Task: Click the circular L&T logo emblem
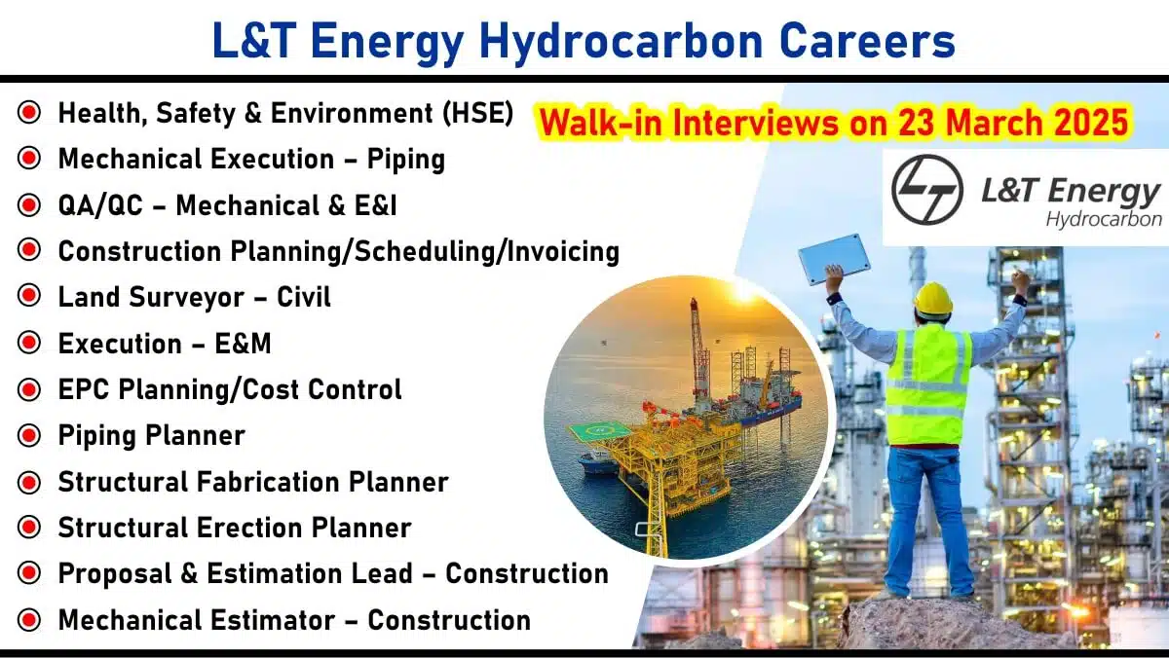[x=926, y=190]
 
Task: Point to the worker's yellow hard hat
[x=933, y=299]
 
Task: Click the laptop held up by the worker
[x=834, y=259]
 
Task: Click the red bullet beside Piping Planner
[x=28, y=435]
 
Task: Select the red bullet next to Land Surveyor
[x=28, y=296]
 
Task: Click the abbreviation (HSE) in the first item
[x=477, y=113]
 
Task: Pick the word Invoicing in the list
[x=563, y=252]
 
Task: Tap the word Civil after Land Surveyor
[x=304, y=297]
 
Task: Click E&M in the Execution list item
[x=243, y=344]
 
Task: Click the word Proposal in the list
[x=115, y=574]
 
